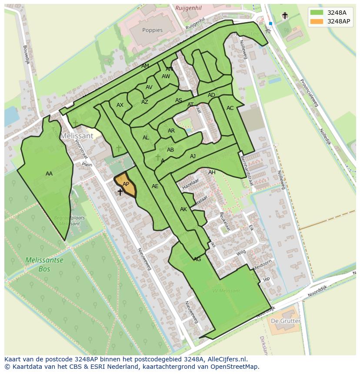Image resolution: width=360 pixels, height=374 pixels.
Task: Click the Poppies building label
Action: point(152,30)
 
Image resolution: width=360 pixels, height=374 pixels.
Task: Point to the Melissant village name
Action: point(77,136)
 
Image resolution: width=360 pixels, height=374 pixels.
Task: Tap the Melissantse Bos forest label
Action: point(44,265)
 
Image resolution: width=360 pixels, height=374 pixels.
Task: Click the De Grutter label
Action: point(286,321)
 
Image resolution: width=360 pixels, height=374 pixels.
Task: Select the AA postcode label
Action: point(49,174)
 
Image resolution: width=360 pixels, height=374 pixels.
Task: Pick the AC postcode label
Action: point(230,108)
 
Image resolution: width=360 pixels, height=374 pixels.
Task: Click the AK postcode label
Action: point(183,209)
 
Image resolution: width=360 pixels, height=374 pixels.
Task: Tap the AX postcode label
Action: point(120,105)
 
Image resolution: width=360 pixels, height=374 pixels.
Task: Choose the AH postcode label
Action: point(212,172)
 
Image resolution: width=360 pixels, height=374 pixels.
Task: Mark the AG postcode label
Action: point(197,259)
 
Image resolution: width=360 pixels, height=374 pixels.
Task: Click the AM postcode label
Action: point(145,66)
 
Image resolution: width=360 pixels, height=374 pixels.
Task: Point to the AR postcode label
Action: point(171,131)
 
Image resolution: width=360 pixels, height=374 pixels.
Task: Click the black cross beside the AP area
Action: point(120,192)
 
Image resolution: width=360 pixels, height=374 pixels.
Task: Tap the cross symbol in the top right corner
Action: point(285,16)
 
